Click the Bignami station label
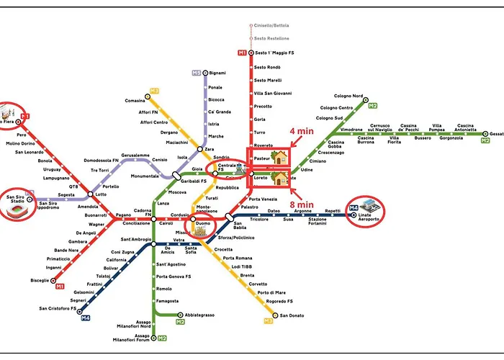[x=217, y=73]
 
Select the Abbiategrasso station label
[x=200, y=314]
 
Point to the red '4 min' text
[x=302, y=132]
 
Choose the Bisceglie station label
[x=39, y=279]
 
